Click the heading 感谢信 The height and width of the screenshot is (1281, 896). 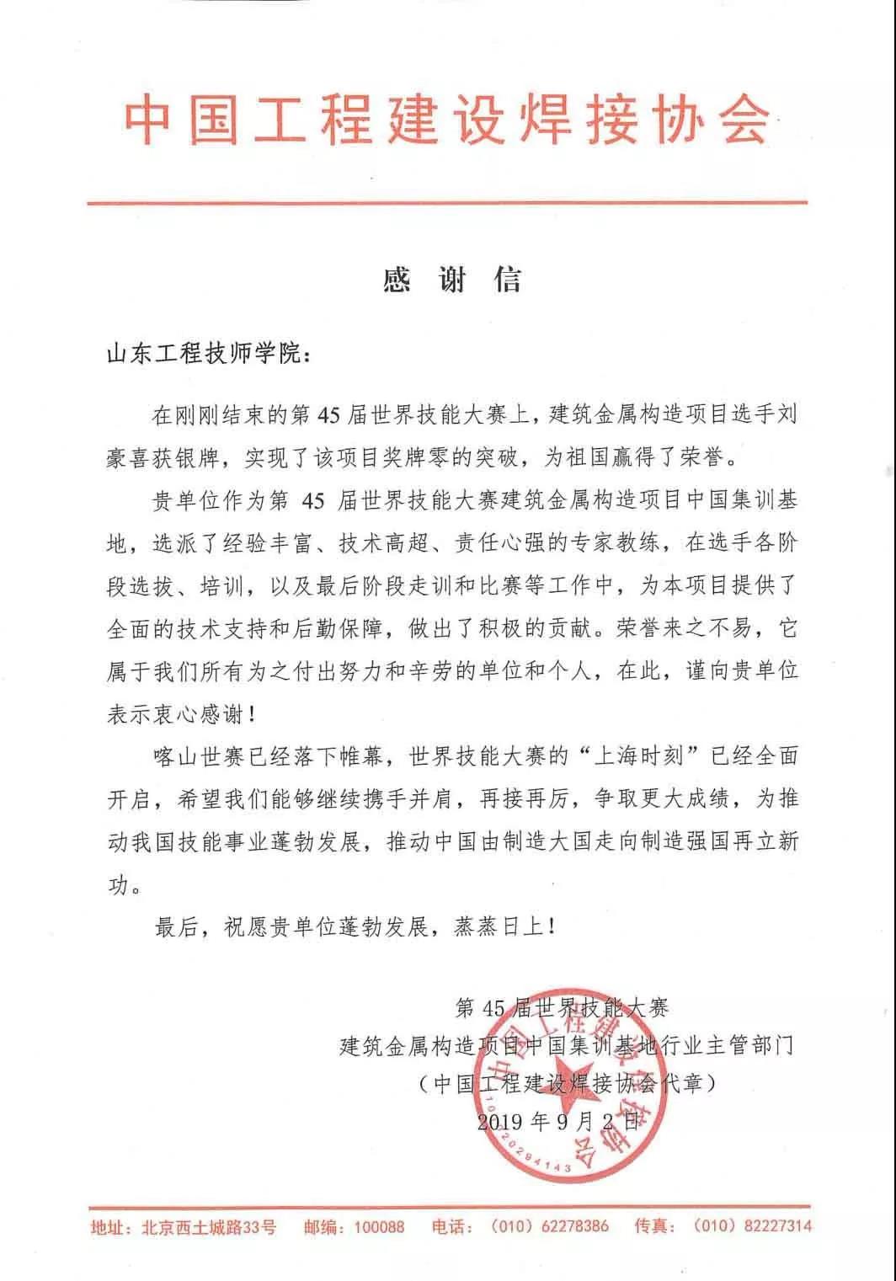(452, 280)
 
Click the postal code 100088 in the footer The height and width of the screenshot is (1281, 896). (379, 1226)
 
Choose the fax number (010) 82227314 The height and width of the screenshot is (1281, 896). (752, 1226)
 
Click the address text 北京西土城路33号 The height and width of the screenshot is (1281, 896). (208, 1227)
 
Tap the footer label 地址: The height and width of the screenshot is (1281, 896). (112, 1227)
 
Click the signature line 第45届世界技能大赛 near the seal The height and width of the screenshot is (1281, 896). (562, 1006)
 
